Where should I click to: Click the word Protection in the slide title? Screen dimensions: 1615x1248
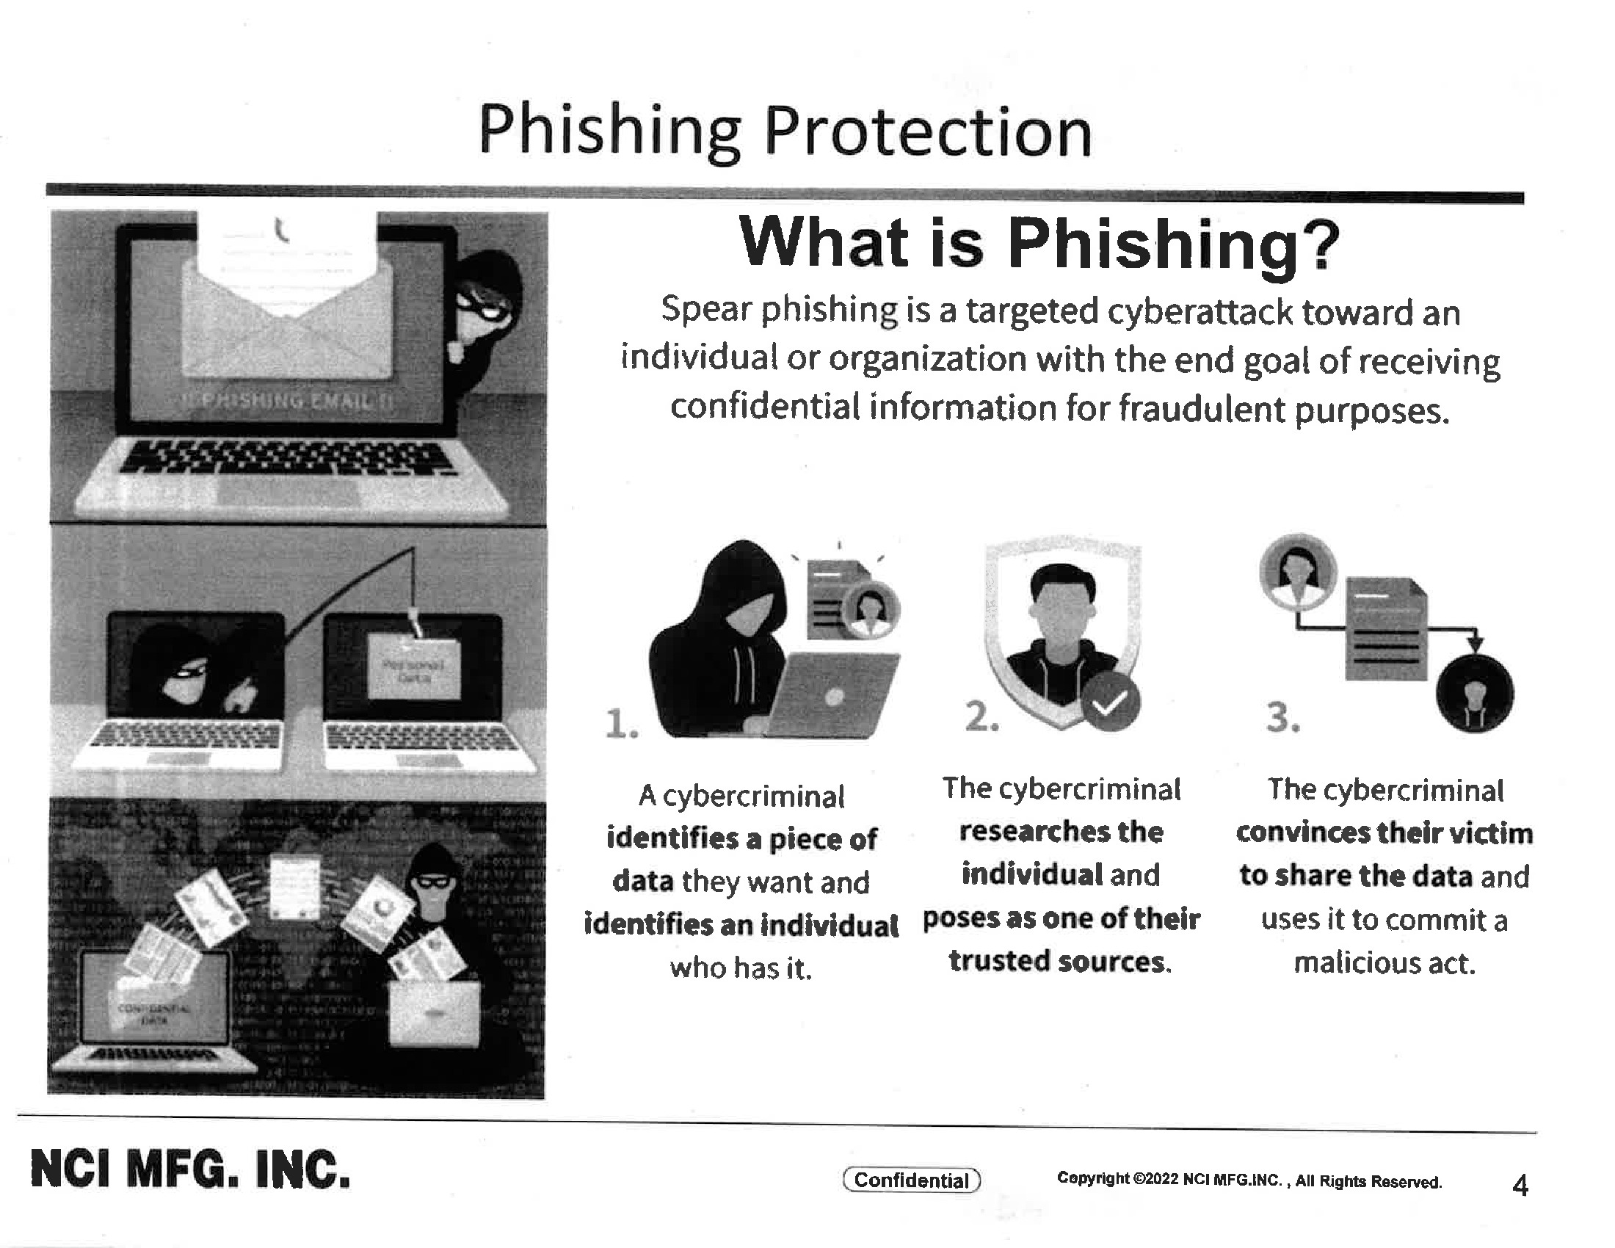click(x=927, y=133)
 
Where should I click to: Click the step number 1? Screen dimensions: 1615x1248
click(x=620, y=723)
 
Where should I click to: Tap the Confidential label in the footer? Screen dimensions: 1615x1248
click(x=911, y=1180)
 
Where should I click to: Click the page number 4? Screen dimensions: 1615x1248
click(x=1520, y=1185)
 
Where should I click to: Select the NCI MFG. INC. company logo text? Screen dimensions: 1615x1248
click(x=190, y=1169)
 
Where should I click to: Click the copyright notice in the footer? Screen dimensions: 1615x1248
click(x=1249, y=1180)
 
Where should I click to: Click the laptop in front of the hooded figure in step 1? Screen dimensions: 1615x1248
click(x=832, y=695)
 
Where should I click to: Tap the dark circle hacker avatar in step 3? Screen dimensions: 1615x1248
click(x=1475, y=695)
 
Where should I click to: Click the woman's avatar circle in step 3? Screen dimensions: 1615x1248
click(x=1298, y=571)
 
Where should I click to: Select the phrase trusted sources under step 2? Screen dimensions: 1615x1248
click(x=1059, y=961)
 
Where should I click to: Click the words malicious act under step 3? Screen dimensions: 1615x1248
click(x=1384, y=962)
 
